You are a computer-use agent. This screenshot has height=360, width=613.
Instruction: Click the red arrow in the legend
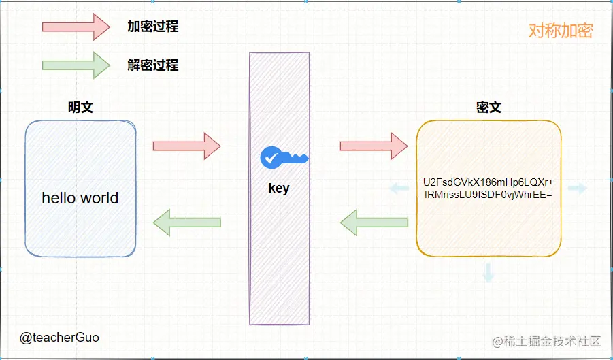76,27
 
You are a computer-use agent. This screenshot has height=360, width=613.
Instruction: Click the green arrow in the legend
76,65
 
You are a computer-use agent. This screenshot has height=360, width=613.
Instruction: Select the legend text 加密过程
152,27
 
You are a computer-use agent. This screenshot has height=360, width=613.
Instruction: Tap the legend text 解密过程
152,65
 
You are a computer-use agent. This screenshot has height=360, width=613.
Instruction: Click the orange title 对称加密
561,31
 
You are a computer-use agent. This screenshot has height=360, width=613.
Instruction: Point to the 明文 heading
80,107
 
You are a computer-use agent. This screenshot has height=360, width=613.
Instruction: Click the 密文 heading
488,107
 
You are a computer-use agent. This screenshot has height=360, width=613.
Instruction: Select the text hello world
80,198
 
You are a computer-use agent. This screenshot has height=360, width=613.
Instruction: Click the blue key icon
284,159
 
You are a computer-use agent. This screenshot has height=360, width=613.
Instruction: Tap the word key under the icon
279,189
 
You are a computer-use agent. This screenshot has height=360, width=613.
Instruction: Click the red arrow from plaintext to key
186,146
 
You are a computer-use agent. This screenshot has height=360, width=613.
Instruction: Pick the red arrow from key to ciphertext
374,146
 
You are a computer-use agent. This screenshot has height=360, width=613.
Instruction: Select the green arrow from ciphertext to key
374,222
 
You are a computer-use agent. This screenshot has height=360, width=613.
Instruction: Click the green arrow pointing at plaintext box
186,222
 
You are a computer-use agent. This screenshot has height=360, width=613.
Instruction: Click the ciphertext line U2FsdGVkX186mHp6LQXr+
488,182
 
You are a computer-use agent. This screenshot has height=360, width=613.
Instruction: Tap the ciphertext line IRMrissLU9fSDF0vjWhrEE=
488,195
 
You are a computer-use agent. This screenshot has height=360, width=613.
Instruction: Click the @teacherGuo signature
59,337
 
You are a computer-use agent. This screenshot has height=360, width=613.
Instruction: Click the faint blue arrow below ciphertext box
488,273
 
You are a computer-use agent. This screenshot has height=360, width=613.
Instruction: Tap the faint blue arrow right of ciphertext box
577,189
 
